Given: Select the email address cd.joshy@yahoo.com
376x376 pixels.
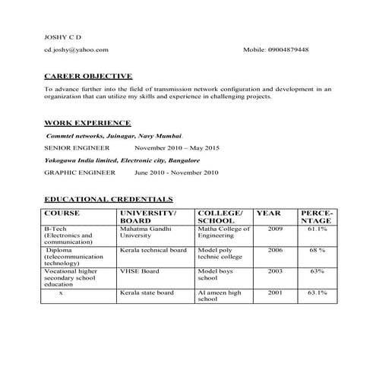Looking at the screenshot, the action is (76, 49).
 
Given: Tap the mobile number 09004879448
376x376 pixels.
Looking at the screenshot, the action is (288, 49).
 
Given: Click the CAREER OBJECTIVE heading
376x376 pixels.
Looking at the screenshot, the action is (88, 76).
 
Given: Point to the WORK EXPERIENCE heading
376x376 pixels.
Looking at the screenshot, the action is (87, 122).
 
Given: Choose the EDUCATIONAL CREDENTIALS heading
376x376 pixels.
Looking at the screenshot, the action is (109, 198).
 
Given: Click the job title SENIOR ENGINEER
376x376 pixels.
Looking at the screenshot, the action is (77, 148).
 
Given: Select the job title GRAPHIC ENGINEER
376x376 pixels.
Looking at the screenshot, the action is (80, 173).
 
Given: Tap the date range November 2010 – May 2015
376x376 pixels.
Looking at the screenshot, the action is (176, 148).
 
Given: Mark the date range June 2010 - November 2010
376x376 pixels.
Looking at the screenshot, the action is (176, 173).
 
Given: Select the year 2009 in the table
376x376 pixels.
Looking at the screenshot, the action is (275, 229).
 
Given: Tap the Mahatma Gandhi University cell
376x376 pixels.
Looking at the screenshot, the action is (144, 232).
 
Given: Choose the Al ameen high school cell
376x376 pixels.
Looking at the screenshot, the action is (219, 295).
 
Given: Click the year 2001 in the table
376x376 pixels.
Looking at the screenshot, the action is (275, 292).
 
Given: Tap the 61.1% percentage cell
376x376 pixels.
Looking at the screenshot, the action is (317, 229).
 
